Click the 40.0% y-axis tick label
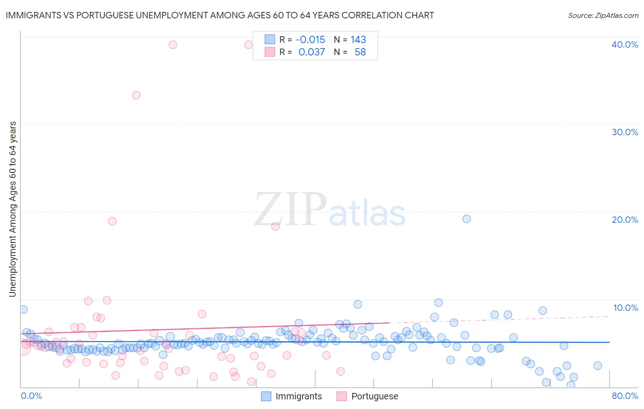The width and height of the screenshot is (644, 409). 625,44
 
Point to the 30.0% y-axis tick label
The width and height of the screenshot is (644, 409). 625,132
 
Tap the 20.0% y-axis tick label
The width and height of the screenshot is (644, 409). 625,220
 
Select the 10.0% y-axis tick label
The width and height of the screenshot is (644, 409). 626,308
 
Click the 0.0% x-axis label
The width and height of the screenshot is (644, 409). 31,396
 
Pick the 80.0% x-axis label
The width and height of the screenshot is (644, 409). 625,396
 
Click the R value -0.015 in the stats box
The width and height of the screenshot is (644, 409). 310,39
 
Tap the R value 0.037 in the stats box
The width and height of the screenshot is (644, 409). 311,52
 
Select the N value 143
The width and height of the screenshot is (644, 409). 358,39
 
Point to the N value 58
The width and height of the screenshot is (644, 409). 360,52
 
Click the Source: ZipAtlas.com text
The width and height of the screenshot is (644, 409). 603,15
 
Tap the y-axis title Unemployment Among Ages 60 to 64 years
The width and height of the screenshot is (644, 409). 12,209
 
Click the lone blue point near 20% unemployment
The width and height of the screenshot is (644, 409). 466,219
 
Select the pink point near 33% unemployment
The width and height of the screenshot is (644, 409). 136,95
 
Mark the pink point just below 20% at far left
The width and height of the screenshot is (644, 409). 112,221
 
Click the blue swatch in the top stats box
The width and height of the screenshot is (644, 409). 270,39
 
